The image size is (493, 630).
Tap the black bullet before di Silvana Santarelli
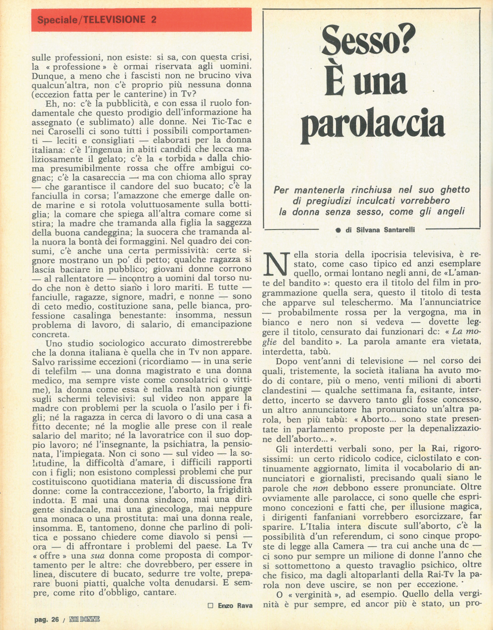338,230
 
